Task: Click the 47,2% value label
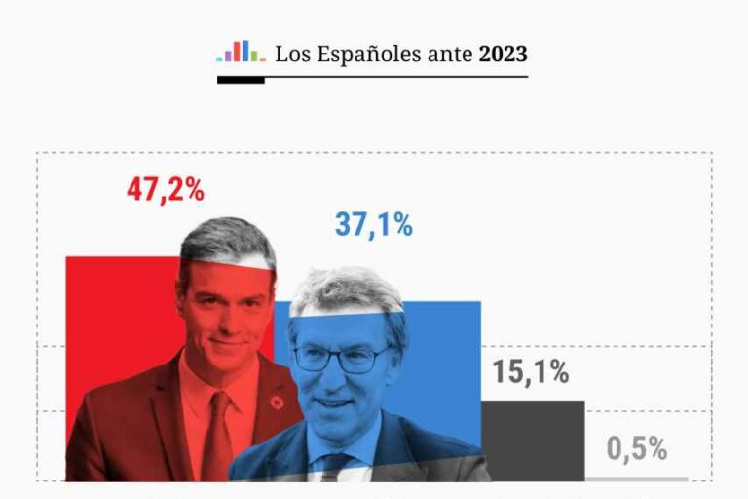[x=166, y=190]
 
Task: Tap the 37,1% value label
[x=374, y=225]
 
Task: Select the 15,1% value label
[x=530, y=372]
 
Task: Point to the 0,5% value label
[x=637, y=449]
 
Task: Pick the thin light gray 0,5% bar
[x=637, y=479]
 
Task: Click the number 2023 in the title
[x=503, y=54]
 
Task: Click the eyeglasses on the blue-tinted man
[x=341, y=359]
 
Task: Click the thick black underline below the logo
[x=241, y=80]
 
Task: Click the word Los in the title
[x=290, y=55]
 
